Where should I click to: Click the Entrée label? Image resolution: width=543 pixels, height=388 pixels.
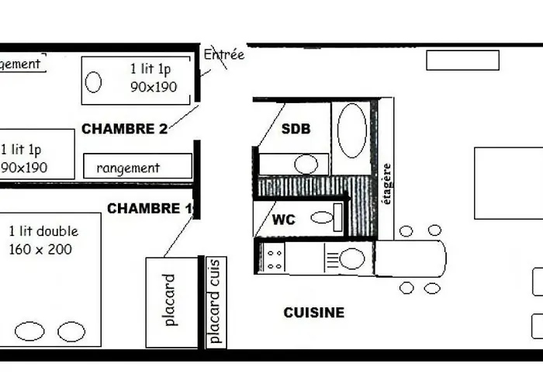223,55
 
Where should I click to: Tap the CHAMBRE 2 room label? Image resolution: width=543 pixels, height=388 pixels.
124,129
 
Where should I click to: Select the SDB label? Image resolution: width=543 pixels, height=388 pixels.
296,129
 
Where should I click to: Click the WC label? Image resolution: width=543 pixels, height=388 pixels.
283,220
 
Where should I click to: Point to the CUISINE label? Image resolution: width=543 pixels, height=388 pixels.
313,313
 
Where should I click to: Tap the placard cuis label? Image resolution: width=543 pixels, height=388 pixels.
215,301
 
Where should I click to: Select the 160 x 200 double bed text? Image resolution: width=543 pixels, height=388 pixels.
40,249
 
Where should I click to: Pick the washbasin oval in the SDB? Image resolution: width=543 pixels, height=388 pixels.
306,164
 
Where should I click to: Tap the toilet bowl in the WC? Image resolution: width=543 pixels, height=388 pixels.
323,217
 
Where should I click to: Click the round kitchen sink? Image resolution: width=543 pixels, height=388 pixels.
351,258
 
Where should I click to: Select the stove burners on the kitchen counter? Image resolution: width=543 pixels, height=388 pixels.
275,258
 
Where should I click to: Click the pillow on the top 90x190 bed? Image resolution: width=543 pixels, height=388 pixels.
94,81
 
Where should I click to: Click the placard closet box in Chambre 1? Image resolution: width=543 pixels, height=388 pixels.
171,300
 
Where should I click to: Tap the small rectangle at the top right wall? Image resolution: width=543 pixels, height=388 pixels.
462,61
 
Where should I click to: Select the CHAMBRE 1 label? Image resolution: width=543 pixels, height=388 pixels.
150,209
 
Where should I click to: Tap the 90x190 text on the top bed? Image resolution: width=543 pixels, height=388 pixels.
154,86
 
